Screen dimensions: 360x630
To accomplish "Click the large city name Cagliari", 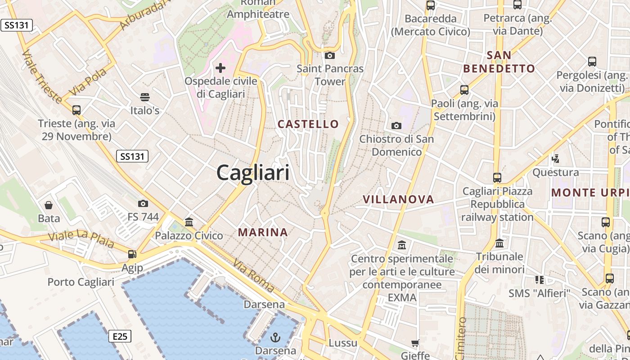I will coord(253,173).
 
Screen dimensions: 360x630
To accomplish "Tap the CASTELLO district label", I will coord(308,124).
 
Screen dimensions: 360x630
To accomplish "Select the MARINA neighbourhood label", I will coord(263,232).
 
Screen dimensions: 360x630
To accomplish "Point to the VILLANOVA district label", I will coord(398,199).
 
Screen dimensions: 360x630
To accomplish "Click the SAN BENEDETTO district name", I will coord(499,62).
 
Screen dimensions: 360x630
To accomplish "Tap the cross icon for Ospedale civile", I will coord(220,68).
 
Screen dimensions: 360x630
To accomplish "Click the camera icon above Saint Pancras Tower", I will coord(330,55).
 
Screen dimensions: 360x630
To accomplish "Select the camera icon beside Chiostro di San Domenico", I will coord(396,126).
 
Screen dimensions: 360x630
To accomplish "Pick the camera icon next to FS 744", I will coord(143,204).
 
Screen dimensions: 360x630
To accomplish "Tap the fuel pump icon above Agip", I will coord(132,254).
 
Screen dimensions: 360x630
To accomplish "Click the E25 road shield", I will coord(120,336).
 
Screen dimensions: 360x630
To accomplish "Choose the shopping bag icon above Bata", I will coord(49,206).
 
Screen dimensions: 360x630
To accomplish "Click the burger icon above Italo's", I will coord(144,97).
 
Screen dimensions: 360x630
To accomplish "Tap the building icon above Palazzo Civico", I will coord(189,222).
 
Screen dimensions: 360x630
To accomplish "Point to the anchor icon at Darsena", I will coord(275,337).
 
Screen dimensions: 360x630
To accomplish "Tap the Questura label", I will coord(556,172).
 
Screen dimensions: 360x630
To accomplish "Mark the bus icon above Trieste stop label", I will coord(76,110).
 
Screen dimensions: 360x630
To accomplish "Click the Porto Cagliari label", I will coord(81,282).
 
